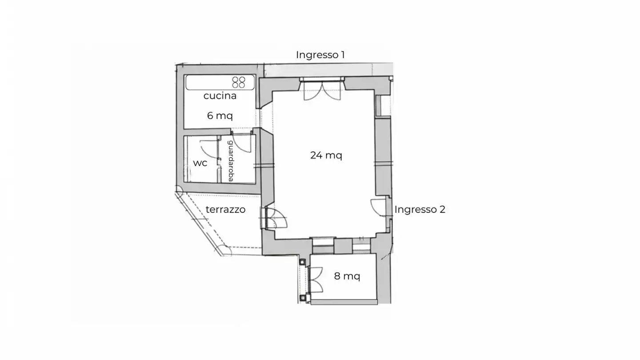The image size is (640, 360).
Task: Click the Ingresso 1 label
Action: (320, 55)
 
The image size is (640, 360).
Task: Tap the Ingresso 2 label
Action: (420, 209)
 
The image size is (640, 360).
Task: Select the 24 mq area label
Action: (326, 155)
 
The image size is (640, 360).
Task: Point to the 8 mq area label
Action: (347, 276)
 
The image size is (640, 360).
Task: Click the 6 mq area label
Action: (220, 116)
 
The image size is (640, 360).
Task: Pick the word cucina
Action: (220, 96)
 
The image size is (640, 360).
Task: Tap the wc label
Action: (200, 163)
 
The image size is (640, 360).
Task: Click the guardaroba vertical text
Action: (231, 161)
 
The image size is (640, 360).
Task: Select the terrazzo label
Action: (225, 209)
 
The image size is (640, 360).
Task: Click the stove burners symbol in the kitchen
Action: (239, 82)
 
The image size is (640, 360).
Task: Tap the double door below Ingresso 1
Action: (322, 91)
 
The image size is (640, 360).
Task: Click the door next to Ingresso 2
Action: (378, 208)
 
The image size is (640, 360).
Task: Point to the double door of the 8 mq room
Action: (316, 280)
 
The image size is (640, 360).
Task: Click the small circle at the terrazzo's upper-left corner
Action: (180, 189)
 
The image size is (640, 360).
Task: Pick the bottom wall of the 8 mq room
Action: (344, 302)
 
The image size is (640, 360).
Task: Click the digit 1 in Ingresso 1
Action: (342, 55)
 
